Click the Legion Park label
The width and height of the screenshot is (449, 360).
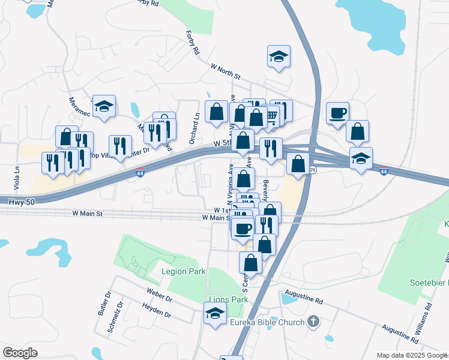[x=184, y=271]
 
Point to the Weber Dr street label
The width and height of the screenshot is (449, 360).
[x=160, y=295]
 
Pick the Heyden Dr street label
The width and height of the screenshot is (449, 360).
[x=157, y=310]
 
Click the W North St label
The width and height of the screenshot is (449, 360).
[x=225, y=72]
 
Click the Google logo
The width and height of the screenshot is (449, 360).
[x=20, y=353]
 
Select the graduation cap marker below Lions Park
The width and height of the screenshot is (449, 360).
[x=215, y=313]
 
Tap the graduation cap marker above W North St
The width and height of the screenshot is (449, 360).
[x=279, y=56]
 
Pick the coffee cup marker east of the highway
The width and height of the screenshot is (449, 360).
[x=337, y=112]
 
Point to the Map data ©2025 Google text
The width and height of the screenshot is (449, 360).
[x=411, y=355]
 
